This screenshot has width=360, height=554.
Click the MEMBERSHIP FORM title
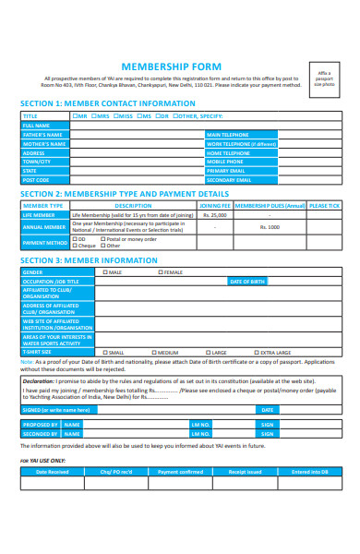[x=180, y=67]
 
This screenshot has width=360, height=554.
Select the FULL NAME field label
[x=37, y=126]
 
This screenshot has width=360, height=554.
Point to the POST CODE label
[x=36, y=180]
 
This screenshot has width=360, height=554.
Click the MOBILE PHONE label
[x=226, y=162]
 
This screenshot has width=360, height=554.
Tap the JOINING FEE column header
[x=214, y=206]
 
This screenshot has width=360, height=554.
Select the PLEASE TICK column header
[x=325, y=206]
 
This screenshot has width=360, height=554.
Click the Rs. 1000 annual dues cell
[x=270, y=227]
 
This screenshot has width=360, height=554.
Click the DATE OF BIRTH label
[x=247, y=281]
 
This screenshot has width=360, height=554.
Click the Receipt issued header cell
[x=246, y=471]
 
